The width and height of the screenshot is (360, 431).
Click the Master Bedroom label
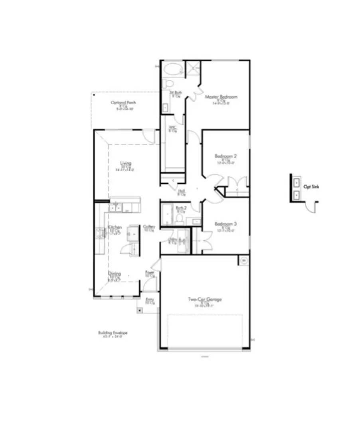click(x=222, y=97)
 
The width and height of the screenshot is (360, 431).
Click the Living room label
click(x=126, y=163)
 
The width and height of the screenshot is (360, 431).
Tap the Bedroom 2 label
click(x=223, y=156)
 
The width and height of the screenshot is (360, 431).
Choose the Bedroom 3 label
click(x=223, y=224)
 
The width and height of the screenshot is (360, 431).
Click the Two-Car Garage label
click(x=205, y=299)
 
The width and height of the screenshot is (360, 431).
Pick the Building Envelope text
click(x=113, y=332)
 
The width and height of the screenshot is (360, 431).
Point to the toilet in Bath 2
click(x=180, y=219)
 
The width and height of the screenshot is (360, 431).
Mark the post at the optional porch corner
click(x=94, y=95)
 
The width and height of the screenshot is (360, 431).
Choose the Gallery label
click(x=149, y=227)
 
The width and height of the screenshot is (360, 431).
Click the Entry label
click(x=150, y=299)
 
